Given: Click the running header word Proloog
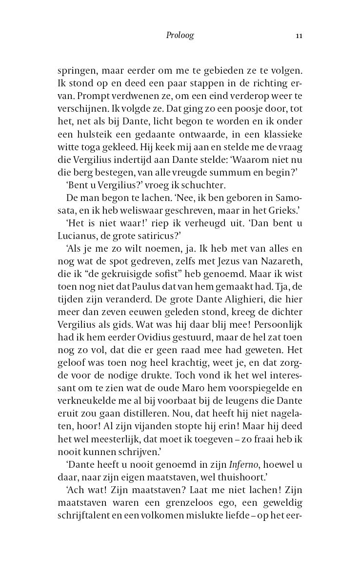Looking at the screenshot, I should coord(180,36).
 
